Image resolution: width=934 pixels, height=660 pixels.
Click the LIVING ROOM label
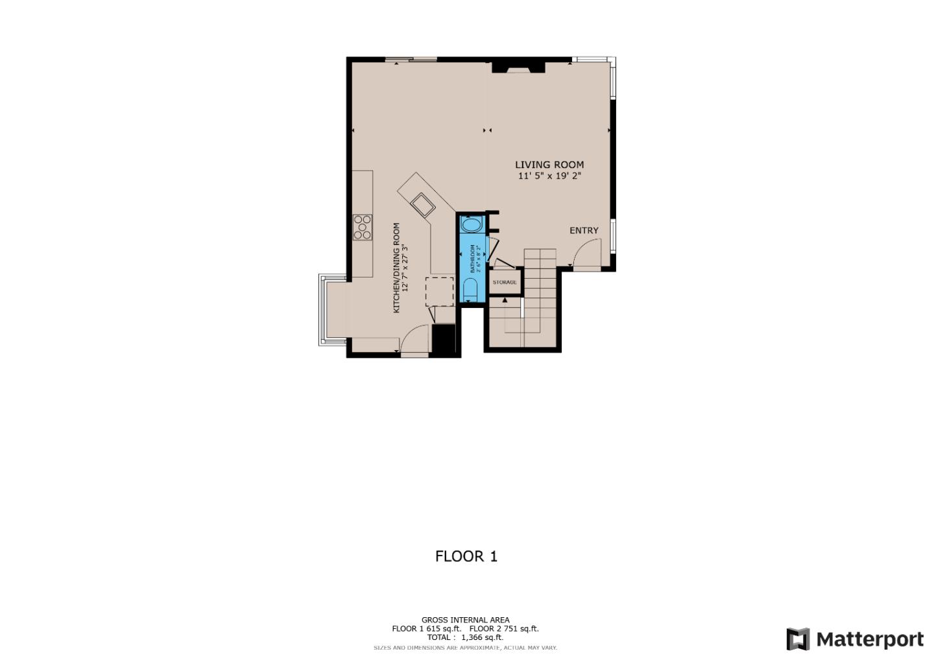point(549,165)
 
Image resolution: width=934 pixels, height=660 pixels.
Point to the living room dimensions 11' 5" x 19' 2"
point(549,176)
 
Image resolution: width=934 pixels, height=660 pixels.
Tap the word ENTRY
point(584,231)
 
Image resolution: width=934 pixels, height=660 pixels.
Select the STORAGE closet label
point(505,282)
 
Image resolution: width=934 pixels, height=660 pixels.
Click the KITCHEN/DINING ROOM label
point(396,268)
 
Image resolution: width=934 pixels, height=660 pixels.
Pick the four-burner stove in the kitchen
point(363,227)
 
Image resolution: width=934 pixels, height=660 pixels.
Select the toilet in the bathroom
point(470,289)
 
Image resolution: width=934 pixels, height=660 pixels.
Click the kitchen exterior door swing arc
point(414,338)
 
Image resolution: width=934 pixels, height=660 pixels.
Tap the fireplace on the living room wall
point(518,67)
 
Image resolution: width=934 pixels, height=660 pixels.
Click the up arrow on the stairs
point(505,300)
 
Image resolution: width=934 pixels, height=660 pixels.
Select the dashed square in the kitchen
point(440,291)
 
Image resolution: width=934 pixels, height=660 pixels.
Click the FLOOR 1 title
point(466,556)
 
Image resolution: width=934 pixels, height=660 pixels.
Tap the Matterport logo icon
point(798,639)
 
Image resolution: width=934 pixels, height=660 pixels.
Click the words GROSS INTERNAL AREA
point(465,620)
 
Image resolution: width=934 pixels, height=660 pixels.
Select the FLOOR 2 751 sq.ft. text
point(504,628)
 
